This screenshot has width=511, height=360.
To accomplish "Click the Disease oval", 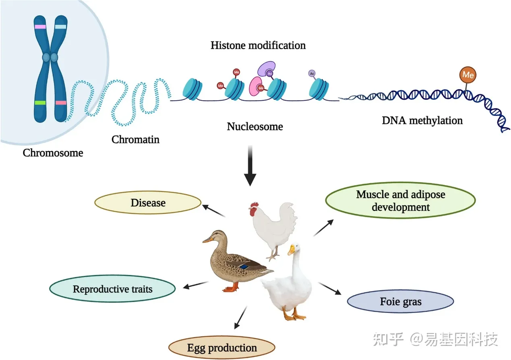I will tap(148, 202).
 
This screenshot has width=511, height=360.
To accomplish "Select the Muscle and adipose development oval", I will tap(400, 201).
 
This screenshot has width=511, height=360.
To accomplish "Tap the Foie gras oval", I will tap(400, 301).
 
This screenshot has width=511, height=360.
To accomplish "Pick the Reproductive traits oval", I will tap(112, 289).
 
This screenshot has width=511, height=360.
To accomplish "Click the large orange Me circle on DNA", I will tap(468, 75).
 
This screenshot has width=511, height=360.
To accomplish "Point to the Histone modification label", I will tap(258, 45).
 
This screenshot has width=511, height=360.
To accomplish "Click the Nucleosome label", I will tap(255, 126).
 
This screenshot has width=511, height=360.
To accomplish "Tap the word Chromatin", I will tap(135, 140).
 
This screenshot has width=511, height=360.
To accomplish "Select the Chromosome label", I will tap(53, 153).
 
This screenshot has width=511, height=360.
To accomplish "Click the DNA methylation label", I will tap(422, 120).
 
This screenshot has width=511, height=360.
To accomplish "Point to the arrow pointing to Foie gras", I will tap(329, 288).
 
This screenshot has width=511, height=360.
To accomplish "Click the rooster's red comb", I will tap(253, 208).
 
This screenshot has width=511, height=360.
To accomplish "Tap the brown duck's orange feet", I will tap(232, 288).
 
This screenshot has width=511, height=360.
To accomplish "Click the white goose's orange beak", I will tap(291, 251).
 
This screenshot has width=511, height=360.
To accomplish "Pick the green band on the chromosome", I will tap(40, 103).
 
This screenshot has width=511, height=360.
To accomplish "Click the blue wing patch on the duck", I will tap(244, 266).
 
